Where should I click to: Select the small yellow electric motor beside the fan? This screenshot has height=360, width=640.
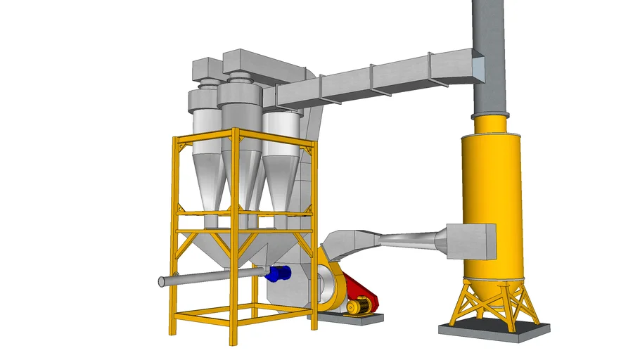tap(360, 305)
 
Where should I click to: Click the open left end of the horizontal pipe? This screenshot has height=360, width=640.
tap(162, 282)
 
